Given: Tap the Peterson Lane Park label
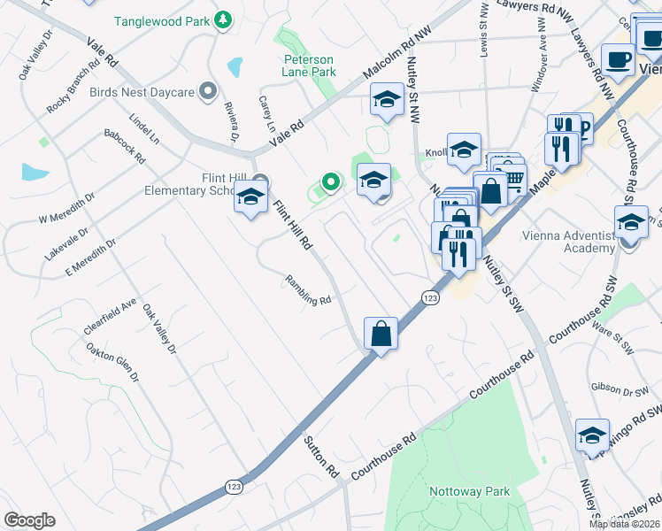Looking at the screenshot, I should pyautogui.click(x=310, y=65).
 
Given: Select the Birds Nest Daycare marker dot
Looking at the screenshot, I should pyautogui.click(x=209, y=91).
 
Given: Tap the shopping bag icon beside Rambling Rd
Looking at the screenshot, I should pyautogui.click(x=381, y=334).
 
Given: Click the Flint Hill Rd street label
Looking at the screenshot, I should pyautogui.click(x=293, y=225).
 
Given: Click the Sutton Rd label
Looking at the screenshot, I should pyautogui.click(x=322, y=456).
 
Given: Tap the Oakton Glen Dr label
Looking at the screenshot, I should pyautogui.click(x=112, y=364).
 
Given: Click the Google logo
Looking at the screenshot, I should pyautogui.click(x=29, y=520).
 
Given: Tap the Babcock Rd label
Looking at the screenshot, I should pyautogui.click(x=124, y=146).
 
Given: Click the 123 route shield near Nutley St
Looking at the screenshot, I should pyautogui.click(x=430, y=298).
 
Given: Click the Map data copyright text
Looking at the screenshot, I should pyautogui.click(x=623, y=523).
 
